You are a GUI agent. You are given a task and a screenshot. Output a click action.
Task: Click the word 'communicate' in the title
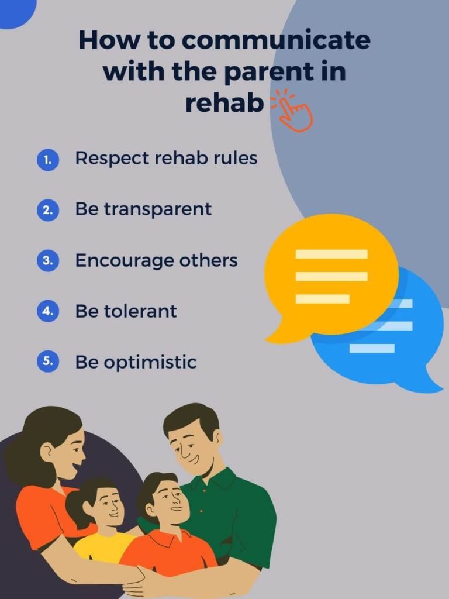pos(276,40)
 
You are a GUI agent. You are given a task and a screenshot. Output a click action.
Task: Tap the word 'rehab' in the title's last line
pos(224,102)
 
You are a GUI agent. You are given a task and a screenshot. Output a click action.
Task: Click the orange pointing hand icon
pos(292,110)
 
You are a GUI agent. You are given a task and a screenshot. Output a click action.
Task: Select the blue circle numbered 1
pos(48,160)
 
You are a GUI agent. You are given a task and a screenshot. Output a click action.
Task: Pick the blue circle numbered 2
pos(48,210)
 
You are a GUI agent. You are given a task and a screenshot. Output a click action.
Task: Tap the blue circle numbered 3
pos(48,260)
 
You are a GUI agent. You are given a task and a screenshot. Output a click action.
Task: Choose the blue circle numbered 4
pos(48,311)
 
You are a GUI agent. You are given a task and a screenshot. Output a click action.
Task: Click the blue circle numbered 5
pos(48,362)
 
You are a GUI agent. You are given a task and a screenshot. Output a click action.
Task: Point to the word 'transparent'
pos(158,210)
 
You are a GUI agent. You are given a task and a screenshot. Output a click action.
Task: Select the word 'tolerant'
pos(140,311)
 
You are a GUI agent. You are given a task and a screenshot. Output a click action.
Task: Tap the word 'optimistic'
pos(150,362)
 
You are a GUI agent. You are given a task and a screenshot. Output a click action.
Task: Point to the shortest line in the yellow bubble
pos(323,299)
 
